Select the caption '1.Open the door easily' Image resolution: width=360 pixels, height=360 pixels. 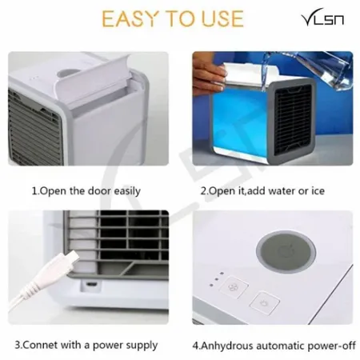[x=86, y=191]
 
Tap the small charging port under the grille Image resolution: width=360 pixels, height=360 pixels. [x=93, y=282]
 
